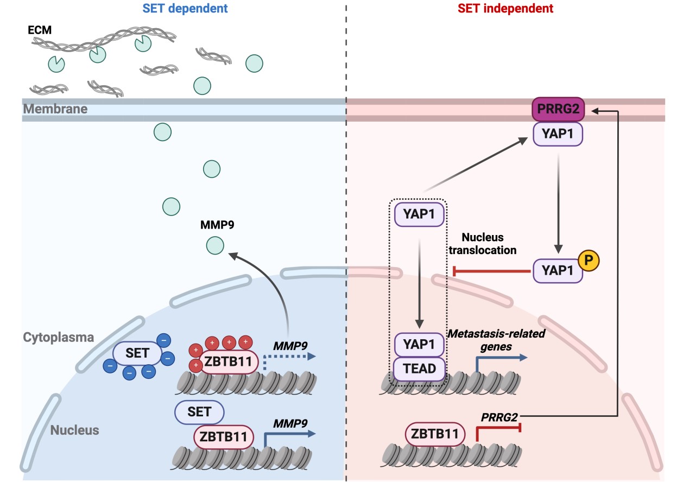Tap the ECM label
40,30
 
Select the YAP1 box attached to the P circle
559,270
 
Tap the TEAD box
420,369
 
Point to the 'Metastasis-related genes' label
495,339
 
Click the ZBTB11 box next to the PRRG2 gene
435,434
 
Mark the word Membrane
55,109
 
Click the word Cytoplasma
59,337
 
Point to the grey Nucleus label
75,430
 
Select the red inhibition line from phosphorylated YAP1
491,270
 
